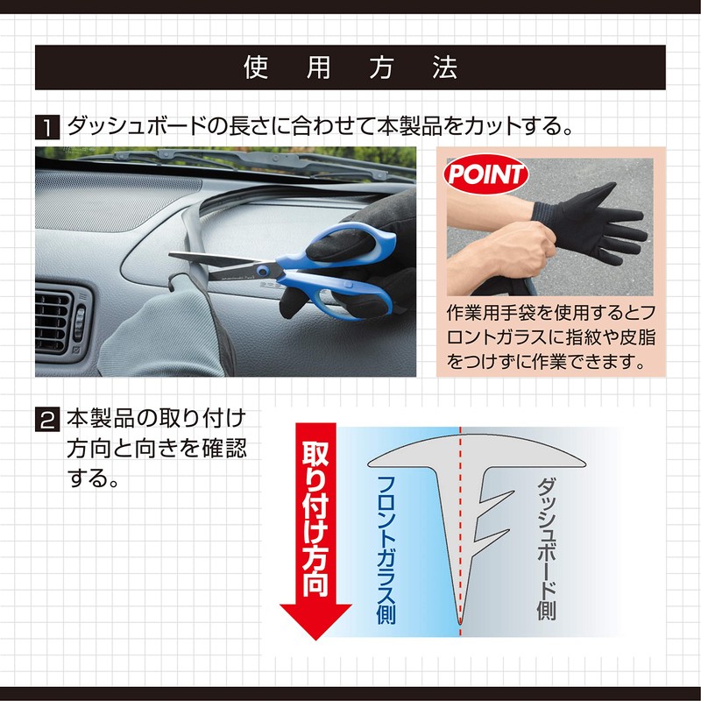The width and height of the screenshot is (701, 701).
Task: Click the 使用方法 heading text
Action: (350, 68)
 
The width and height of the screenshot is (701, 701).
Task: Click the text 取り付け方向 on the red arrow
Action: (315, 517)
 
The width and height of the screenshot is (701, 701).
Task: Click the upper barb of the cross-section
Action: (495, 502)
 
